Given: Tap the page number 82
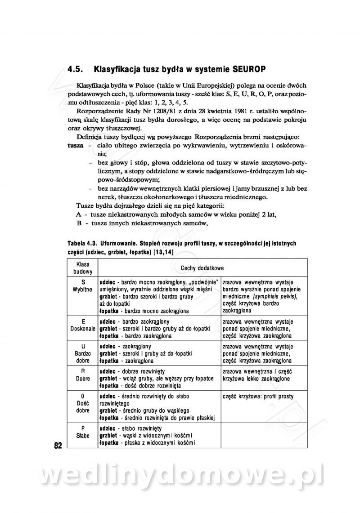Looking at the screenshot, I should tap(58, 446).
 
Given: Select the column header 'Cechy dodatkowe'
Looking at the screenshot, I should tap(202, 268).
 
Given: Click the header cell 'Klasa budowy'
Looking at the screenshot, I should tap(83, 268).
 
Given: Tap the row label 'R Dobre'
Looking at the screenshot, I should tap(83, 375).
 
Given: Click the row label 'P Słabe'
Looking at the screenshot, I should tap(83, 432).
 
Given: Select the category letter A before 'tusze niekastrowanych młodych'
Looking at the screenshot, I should tap(79, 214).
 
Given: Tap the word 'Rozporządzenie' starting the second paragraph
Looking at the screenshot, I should tap(99, 111).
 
